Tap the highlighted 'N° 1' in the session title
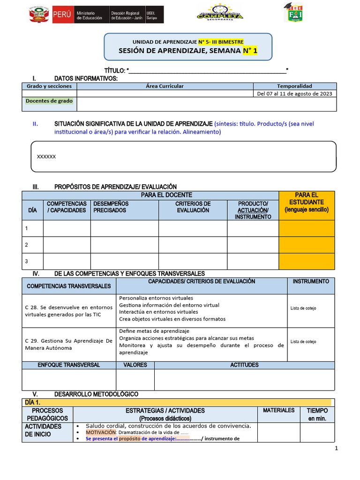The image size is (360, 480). [250, 51]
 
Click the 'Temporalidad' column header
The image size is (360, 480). [294, 86]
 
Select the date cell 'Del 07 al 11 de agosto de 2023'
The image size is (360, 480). [294, 94]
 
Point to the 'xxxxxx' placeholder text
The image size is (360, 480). [46, 157]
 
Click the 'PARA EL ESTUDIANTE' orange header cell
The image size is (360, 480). [307, 202]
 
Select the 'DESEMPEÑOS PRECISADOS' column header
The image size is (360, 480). [111, 207]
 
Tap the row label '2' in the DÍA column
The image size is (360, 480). [27, 245]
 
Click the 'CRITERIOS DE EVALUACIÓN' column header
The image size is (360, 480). [193, 207]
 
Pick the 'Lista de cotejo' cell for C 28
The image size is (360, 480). [303, 308]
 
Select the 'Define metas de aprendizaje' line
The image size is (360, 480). [154, 331]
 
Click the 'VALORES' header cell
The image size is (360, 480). [135, 365]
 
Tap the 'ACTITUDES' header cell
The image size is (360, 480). [244, 365]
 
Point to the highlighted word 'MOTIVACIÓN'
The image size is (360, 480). [100, 432]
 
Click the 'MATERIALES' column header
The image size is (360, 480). [278, 410]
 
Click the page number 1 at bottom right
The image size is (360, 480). [336, 449]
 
